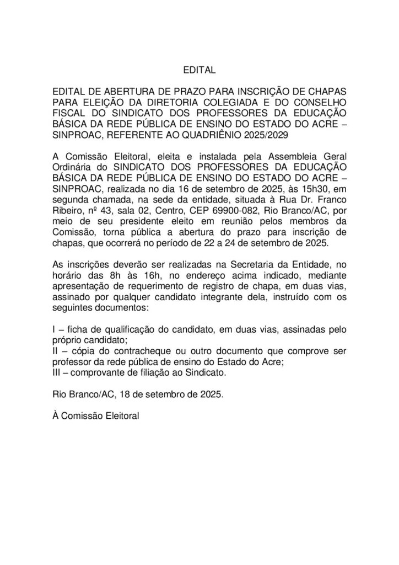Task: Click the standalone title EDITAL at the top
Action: coord(199,71)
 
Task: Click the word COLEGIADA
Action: coord(240,103)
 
